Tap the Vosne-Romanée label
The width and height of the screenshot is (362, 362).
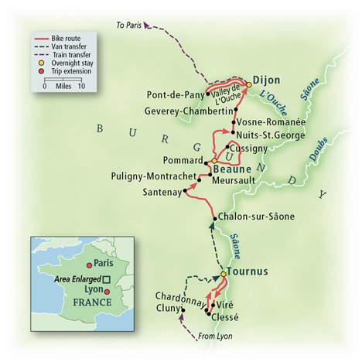(271, 122)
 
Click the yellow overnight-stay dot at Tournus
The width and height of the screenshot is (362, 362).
(224, 274)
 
